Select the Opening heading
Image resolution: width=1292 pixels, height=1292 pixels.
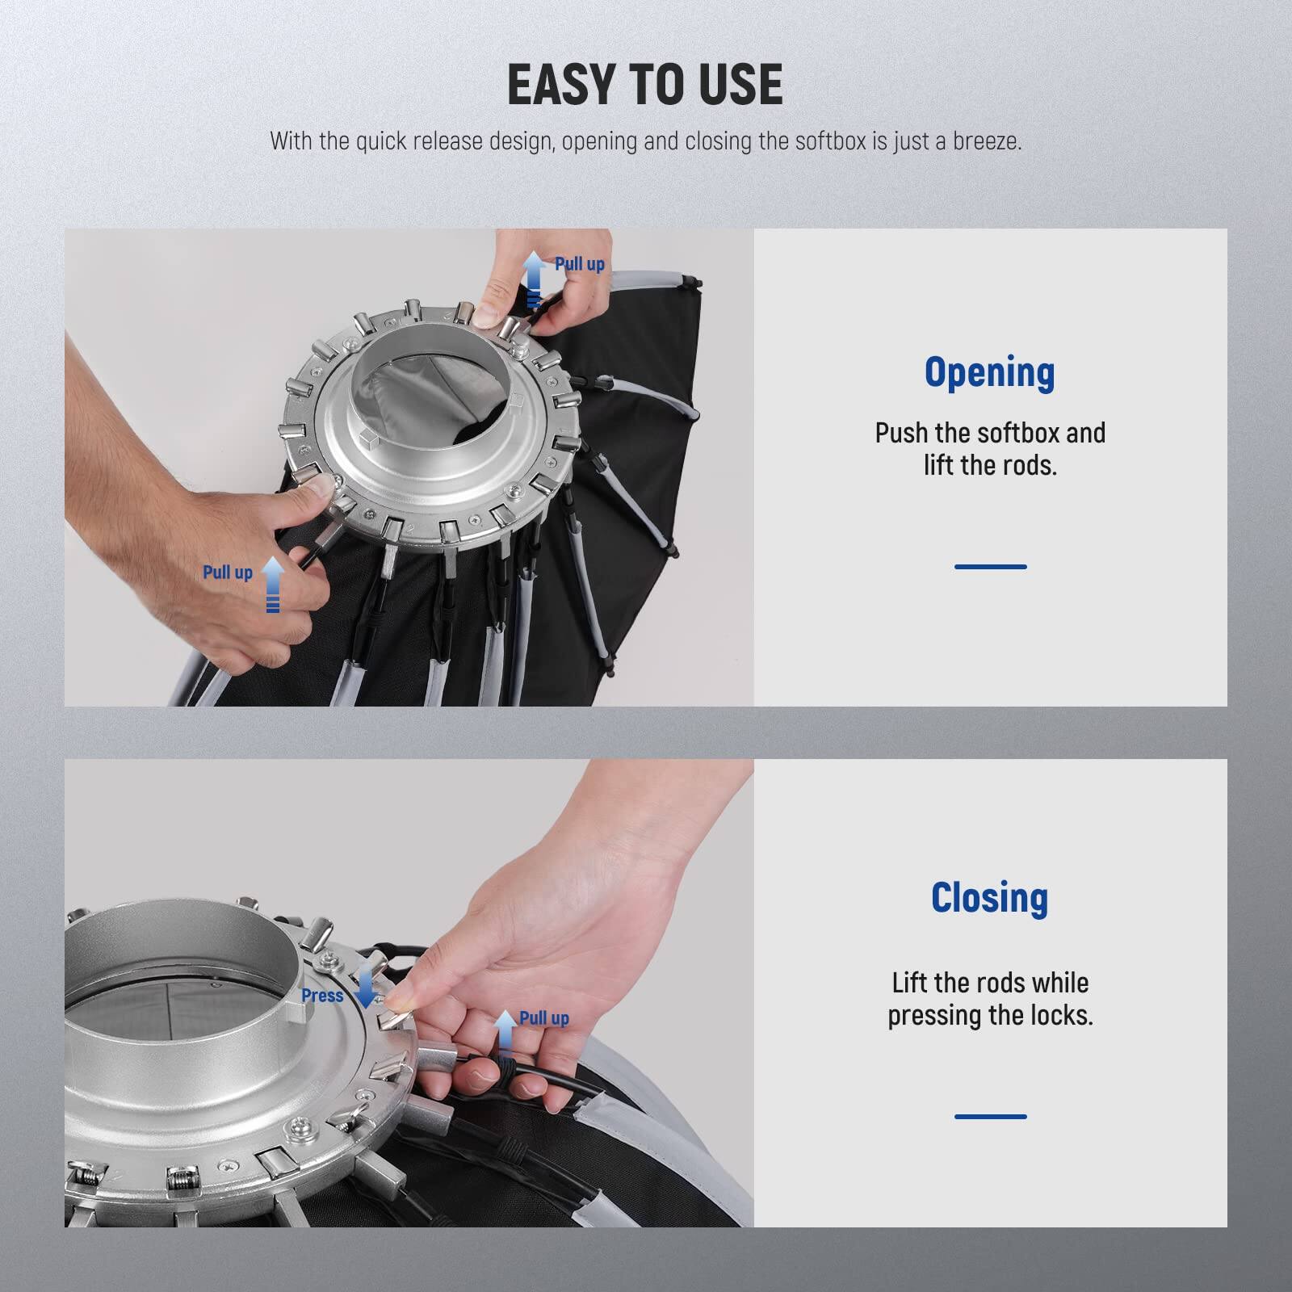989,373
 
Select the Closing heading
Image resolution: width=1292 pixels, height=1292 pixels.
989,898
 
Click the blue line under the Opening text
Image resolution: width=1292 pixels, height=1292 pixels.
990,567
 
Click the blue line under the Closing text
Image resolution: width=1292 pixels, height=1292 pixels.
990,1117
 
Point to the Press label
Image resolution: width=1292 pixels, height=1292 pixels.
322,996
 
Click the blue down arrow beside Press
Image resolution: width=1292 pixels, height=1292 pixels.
366,987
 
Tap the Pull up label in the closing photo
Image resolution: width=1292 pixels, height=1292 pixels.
543,1018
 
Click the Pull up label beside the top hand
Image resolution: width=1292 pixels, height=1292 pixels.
579,264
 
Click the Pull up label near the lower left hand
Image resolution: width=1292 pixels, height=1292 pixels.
227,573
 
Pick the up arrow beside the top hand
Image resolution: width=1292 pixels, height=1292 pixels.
533,279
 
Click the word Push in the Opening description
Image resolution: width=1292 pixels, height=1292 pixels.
902,434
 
